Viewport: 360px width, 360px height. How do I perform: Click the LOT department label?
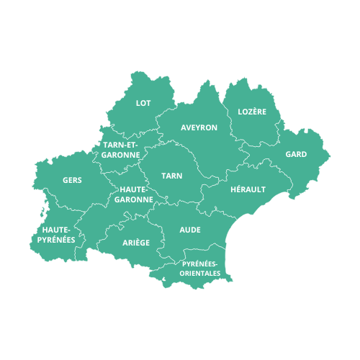pyautogui.click(x=143, y=103)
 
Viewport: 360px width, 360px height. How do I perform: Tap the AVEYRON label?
pyautogui.click(x=199, y=127)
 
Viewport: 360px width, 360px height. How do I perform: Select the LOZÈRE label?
pyautogui.click(x=252, y=112)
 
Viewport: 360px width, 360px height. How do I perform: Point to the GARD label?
pyautogui.click(x=296, y=154)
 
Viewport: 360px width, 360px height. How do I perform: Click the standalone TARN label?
pyautogui.click(x=171, y=176)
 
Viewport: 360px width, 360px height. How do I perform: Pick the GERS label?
pyautogui.click(x=72, y=180)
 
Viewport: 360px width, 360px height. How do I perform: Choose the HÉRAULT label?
pyautogui.click(x=248, y=189)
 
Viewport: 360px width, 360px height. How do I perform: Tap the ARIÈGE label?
pyautogui.click(x=136, y=243)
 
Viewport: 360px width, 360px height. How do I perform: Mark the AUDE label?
pyautogui.click(x=190, y=230)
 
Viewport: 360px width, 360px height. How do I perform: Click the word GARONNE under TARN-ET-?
pyautogui.click(x=121, y=154)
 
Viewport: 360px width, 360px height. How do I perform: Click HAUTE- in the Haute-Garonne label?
pyautogui.click(x=134, y=189)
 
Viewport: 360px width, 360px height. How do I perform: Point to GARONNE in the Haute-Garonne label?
pyautogui.click(x=134, y=199)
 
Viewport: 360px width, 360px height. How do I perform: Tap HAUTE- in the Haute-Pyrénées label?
pyautogui.click(x=56, y=230)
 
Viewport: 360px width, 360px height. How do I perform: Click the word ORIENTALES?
pyautogui.click(x=201, y=274)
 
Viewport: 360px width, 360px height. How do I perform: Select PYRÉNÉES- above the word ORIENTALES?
pyautogui.click(x=201, y=264)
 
